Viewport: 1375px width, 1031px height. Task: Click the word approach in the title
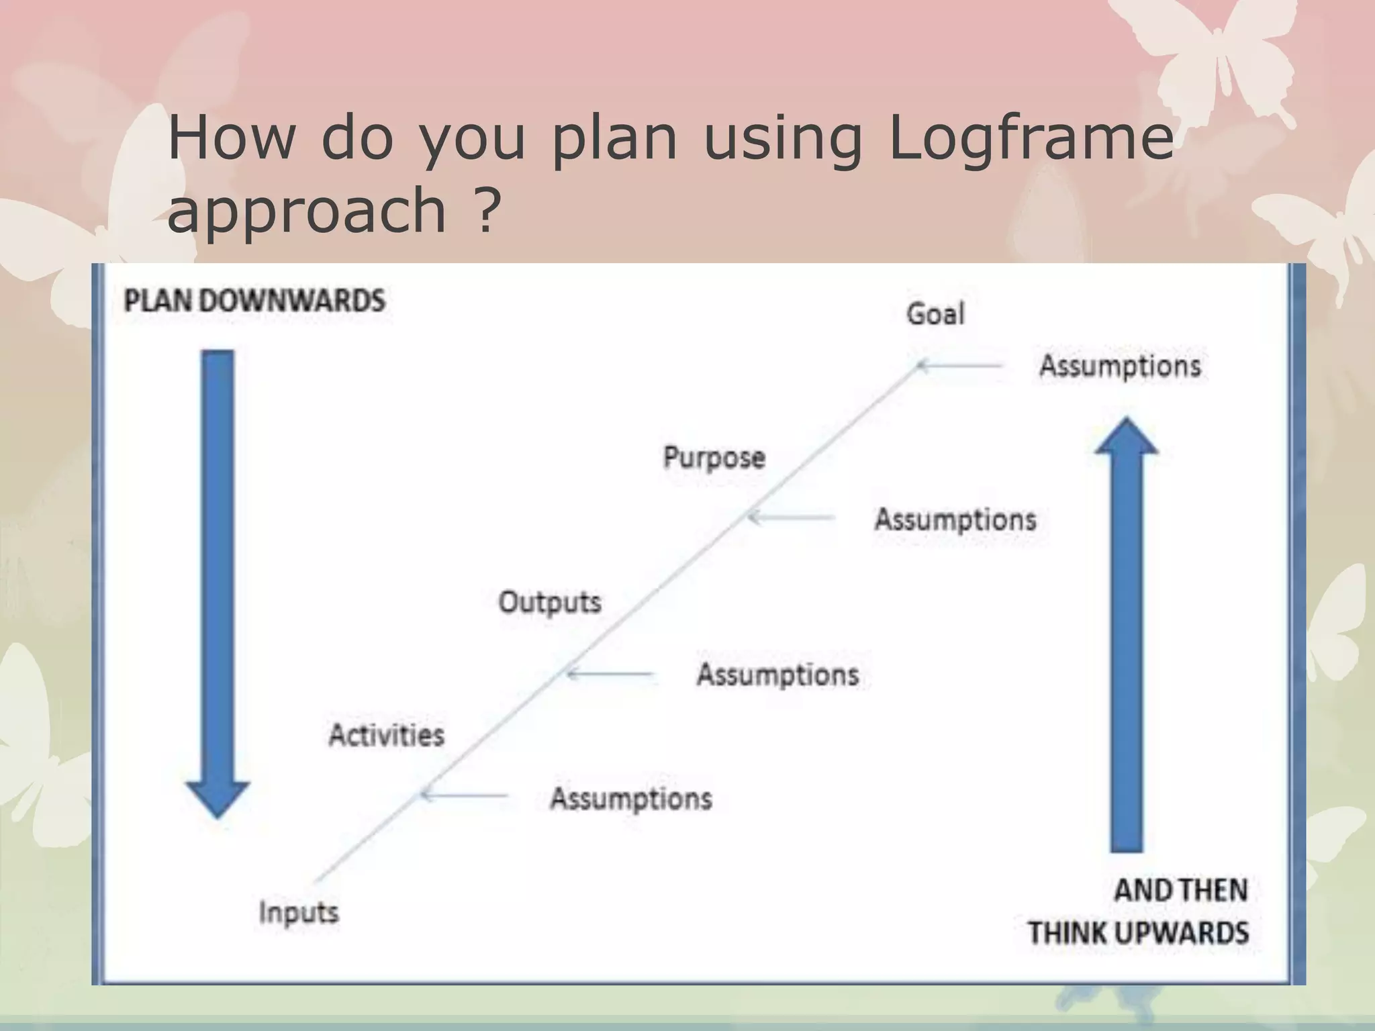pyautogui.click(x=307, y=209)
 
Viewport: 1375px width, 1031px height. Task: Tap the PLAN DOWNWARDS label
pyautogui.click(x=255, y=300)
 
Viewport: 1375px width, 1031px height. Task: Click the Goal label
pyautogui.click(x=935, y=313)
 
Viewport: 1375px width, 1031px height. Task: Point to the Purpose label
pyautogui.click(x=714, y=458)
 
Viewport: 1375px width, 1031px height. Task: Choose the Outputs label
pyautogui.click(x=550, y=602)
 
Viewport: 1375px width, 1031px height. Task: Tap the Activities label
pyautogui.click(x=387, y=735)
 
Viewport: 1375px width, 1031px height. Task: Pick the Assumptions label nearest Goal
pyautogui.click(x=1120, y=366)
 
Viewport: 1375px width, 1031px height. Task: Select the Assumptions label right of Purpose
pyautogui.click(x=955, y=520)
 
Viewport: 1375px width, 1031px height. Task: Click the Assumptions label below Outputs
pyautogui.click(x=778, y=675)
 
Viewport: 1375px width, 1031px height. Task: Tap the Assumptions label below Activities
pyautogui.click(x=631, y=799)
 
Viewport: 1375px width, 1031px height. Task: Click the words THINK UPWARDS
pyautogui.click(x=1138, y=933)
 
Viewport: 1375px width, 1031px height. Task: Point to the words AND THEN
pyautogui.click(x=1180, y=891)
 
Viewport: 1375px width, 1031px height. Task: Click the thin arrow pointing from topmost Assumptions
pyautogui.click(x=960, y=366)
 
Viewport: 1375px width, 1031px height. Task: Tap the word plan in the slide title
pyautogui.click(x=614, y=138)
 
